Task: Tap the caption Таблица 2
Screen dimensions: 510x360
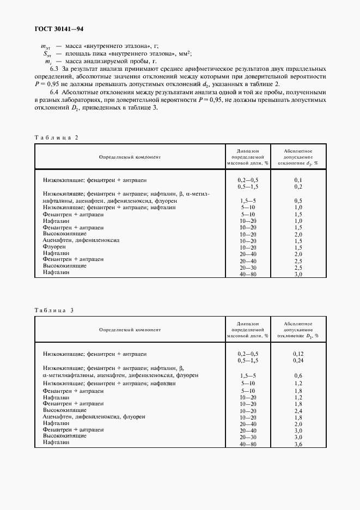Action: (x=57, y=137)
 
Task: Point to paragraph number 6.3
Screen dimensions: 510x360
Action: (x=54, y=69)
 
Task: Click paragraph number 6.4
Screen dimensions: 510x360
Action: (x=54, y=93)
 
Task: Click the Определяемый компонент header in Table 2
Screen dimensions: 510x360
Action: (x=130, y=157)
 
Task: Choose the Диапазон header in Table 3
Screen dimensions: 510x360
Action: (x=248, y=324)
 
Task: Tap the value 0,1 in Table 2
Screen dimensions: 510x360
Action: (x=298, y=179)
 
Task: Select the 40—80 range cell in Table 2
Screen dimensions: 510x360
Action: (x=248, y=275)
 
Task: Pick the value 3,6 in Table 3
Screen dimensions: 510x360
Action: (x=298, y=445)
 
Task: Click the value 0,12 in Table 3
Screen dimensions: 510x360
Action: (x=298, y=354)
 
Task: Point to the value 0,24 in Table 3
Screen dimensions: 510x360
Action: (x=298, y=360)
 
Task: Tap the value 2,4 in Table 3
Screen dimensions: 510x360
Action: (x=298, y=410)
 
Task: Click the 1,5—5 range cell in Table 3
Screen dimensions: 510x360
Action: (x=248, y=375)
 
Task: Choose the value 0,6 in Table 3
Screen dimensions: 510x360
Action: (x=298, y=375)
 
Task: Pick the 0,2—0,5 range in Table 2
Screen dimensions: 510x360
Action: (x=248, y=179)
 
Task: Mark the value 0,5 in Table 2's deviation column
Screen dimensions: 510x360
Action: (x=298, y=201)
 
